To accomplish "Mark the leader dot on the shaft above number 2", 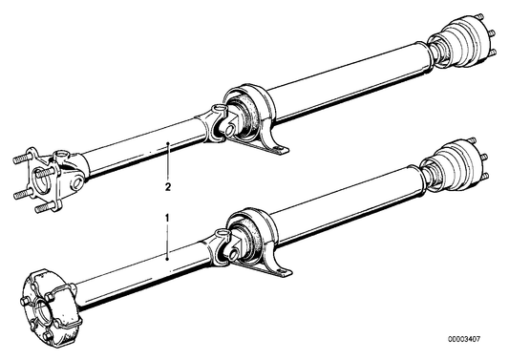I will pyautogui.click(x=168, y=143).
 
